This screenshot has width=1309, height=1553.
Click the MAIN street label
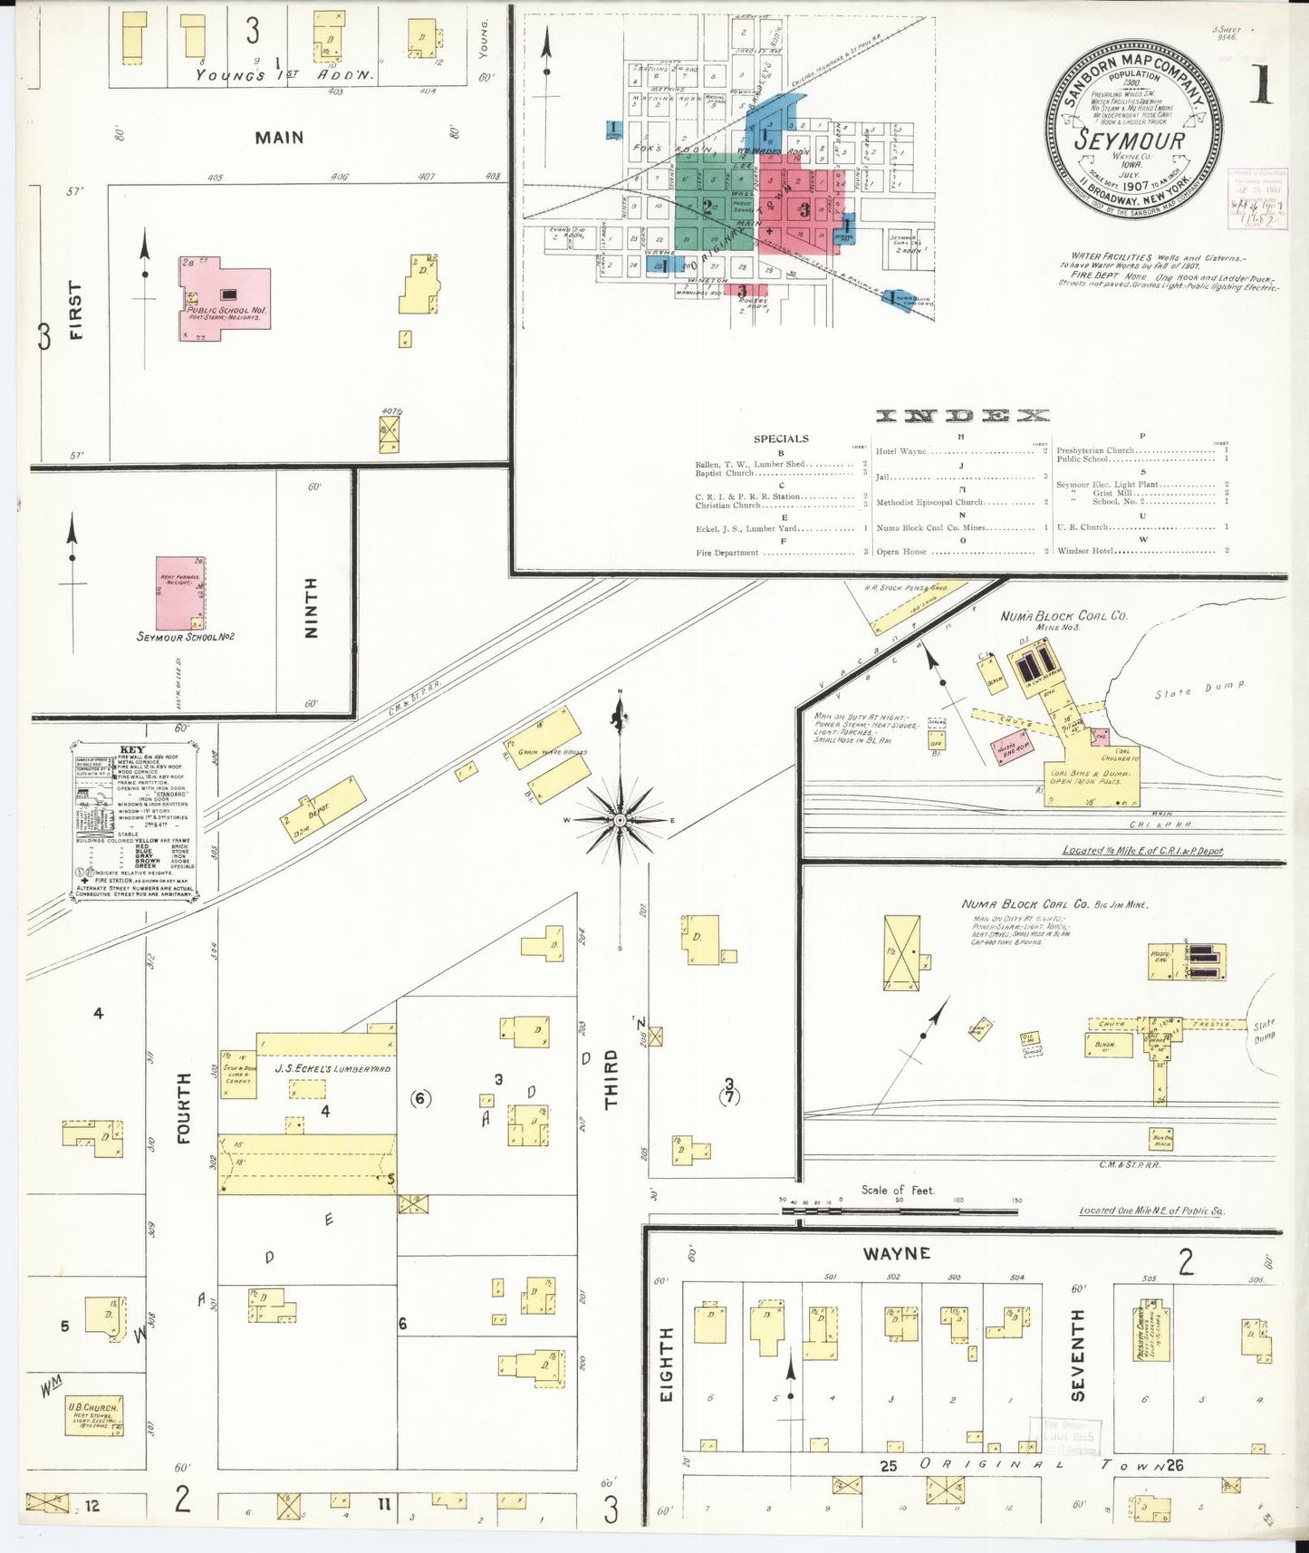point(279,138)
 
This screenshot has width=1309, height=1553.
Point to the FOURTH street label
point(185,1107)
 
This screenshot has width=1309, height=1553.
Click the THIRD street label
point(611,1079)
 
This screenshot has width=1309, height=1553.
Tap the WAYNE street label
point(896,1253)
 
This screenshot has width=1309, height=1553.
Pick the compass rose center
point(620,820)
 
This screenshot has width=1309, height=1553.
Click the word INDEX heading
point(961,416)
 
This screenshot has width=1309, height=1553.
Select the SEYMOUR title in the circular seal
point(1129,140)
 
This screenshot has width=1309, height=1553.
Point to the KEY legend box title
point(132,750)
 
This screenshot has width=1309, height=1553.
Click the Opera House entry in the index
point(901,551)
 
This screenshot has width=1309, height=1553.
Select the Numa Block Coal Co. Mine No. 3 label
point(1063,617)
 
